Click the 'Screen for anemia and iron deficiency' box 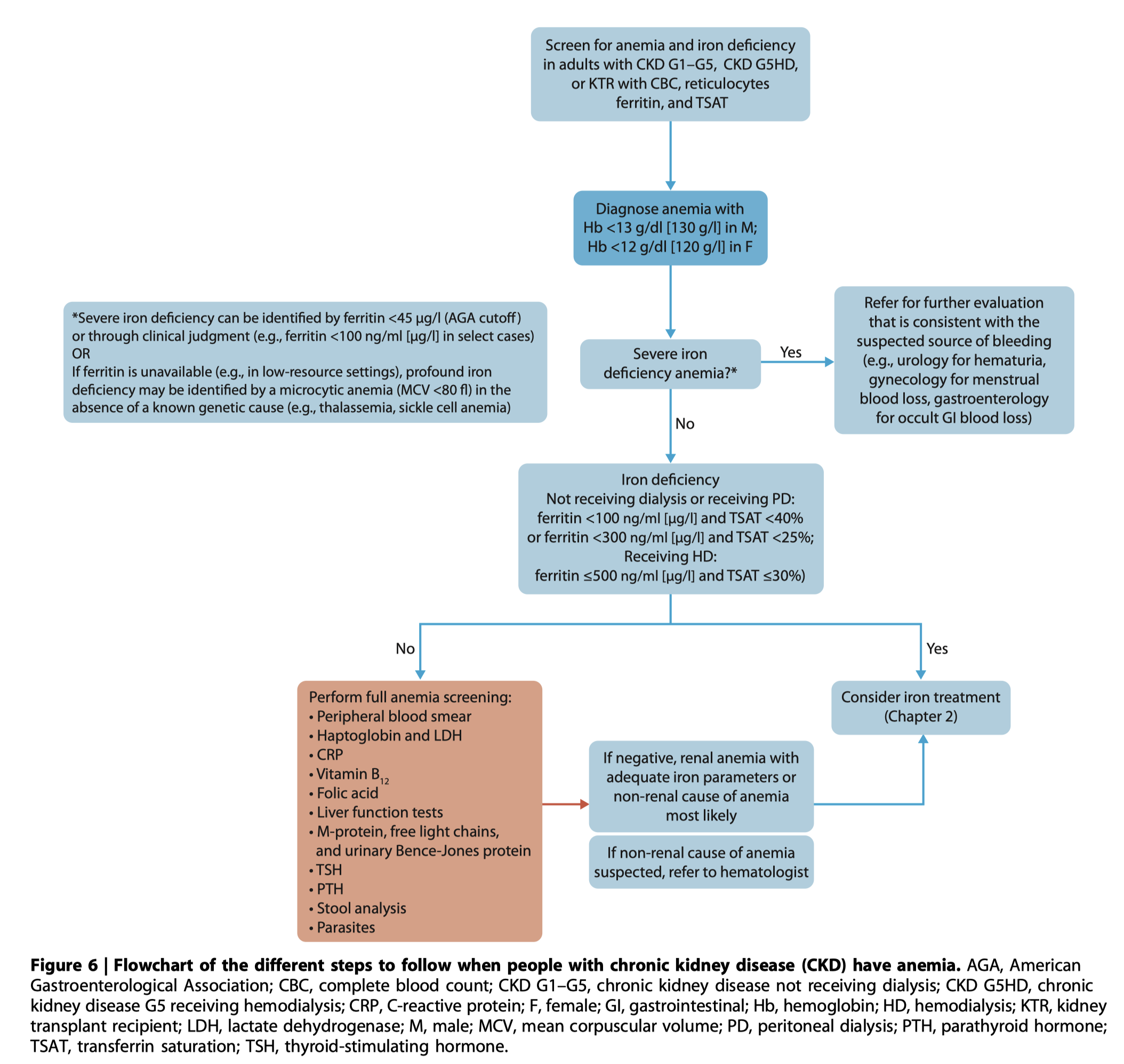670,74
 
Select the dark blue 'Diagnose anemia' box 670,228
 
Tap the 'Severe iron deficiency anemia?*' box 670,364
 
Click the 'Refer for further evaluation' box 954,360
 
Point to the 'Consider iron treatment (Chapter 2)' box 920,707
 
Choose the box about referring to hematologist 701,862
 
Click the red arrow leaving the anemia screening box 565,804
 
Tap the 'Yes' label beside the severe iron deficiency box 790,352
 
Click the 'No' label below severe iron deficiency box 685,424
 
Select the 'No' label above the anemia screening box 405,648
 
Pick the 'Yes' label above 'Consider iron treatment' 937,648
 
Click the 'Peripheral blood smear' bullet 390,716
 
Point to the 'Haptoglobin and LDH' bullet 386,736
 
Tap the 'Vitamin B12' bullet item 349,775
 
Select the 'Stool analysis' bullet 357,908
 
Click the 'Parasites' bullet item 342,928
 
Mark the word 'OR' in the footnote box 81,354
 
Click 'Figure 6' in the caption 64,965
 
